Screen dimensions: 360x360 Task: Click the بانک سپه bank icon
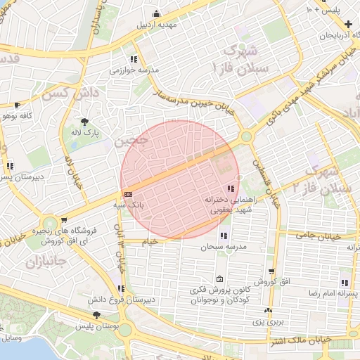128,193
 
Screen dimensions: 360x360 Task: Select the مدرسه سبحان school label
224,247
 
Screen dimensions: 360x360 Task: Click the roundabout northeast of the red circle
246,137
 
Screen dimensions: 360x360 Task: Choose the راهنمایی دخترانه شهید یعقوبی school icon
231,188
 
